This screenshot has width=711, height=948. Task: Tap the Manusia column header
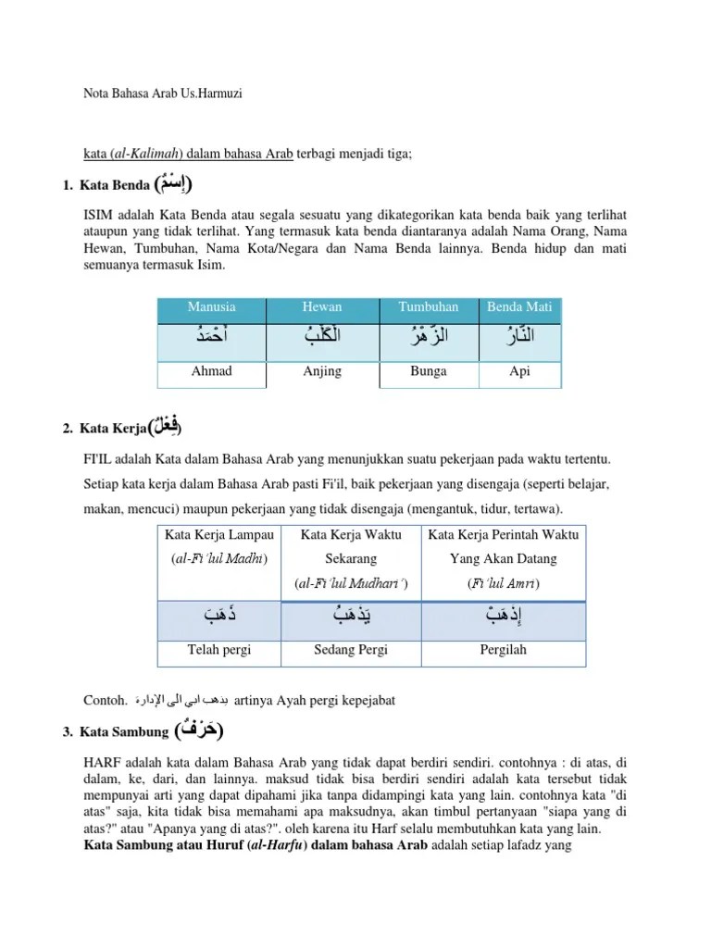click(211, 307)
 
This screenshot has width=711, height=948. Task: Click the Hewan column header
click(321, 307)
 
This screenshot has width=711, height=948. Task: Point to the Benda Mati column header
click(519, 307)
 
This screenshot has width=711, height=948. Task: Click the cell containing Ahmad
click(211, 371)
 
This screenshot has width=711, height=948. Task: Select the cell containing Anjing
click(321, 371)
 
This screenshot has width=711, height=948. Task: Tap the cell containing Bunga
click(427, 371)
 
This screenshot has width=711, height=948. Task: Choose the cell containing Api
click(519, 371)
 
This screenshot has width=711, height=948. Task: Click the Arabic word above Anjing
click(321, 339)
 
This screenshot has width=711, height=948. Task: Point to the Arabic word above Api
click(519, 339)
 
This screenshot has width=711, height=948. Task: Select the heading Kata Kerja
click(113, 428)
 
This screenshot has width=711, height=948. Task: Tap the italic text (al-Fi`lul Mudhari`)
click(351, 584)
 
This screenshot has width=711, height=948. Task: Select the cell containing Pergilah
click(503, 650)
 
